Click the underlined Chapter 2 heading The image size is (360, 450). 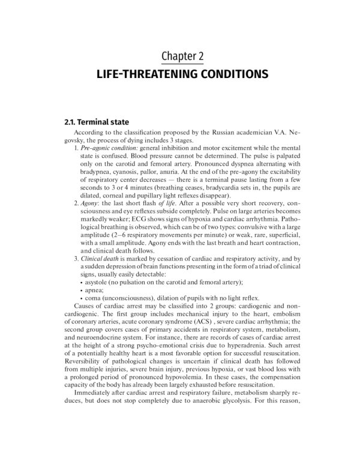coord(182,56)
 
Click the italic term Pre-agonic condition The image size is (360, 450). coord(107,147)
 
